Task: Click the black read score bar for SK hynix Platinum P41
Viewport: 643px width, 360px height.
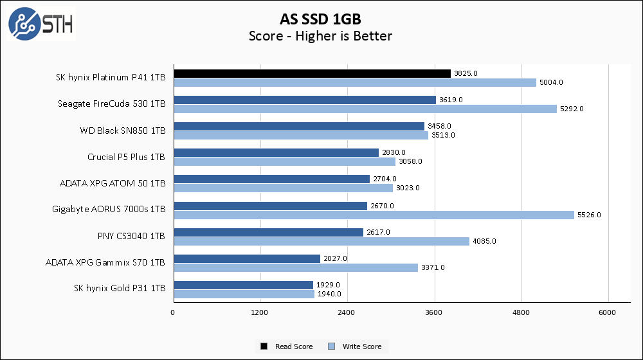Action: (x=312, y=73)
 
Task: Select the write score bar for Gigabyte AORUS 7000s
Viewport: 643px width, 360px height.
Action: (x=374, y=215)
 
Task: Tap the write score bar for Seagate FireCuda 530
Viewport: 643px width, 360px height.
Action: (x=365, y=109)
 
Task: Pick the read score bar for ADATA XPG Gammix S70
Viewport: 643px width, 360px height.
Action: (x=246, y=258)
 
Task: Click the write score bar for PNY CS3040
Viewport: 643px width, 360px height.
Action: (x=321, y=241)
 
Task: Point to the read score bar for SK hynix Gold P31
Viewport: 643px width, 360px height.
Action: (x=243, y=285)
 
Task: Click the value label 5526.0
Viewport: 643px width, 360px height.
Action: (x=589, y=215)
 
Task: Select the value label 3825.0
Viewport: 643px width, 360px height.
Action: (x=466, y=73)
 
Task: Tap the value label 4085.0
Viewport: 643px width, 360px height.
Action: (x=484, y=241)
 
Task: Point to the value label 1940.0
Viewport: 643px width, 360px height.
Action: (x=329, y=294)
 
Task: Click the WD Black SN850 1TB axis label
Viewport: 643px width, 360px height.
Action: (x=123, y=130)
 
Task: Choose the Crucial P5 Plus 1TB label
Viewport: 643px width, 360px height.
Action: (x=126, y=157)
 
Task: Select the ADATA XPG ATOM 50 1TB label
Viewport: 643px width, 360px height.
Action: (x=113, y=183)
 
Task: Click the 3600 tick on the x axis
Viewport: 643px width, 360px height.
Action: (x=435, y=312)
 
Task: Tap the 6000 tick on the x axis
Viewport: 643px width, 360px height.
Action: (x=608, y=312)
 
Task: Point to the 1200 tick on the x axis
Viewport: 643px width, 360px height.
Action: (x=260, y=312)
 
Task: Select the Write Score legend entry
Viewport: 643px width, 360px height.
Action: (x=357, y=346)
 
